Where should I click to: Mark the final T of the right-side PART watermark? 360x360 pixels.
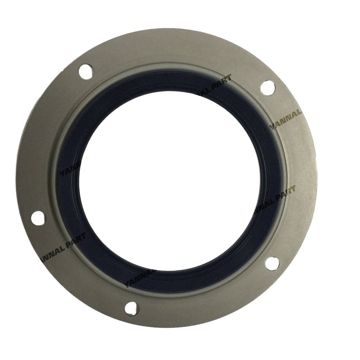click(293, 188)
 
